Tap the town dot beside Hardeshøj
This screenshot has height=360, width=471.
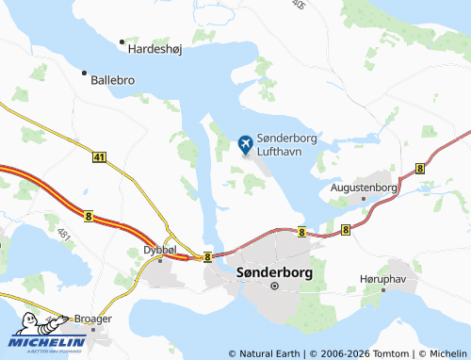[122, 42]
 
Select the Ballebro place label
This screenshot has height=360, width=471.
[113, 80]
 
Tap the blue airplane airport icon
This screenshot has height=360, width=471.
[246, 144]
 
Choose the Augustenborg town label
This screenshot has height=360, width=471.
[365, 188]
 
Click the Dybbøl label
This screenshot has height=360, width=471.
[159, 250]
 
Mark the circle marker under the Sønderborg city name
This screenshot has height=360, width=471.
[274, 285]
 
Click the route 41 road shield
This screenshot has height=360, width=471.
[99, 158]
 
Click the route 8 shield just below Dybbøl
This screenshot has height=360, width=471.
[206, 256]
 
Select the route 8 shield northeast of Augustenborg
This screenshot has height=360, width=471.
[419, 167]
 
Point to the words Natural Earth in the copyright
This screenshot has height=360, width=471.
[268, 353]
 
